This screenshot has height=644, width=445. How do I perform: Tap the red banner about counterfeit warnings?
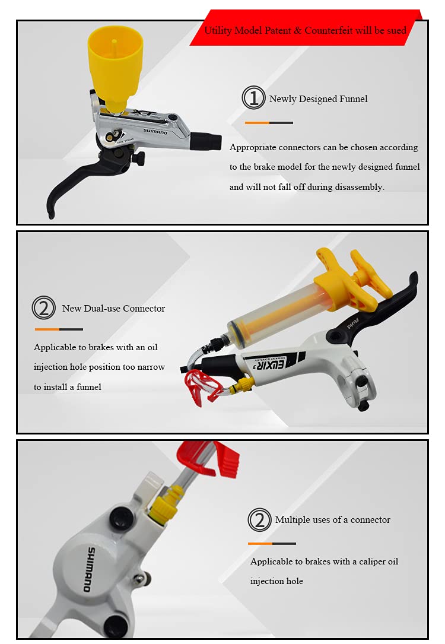(x=306, y=30)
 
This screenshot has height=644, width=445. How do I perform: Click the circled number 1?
(x=253, y=98)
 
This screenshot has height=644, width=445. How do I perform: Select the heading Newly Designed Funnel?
(x=318, y=99)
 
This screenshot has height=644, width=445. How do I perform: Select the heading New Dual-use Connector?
(x=113, y=308)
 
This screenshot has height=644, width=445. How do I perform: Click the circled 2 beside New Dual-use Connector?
(x=43, y=308)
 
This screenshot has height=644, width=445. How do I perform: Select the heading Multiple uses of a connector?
(x=332, y=519)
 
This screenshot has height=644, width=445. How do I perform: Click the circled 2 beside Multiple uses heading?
(x=259, y=520)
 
